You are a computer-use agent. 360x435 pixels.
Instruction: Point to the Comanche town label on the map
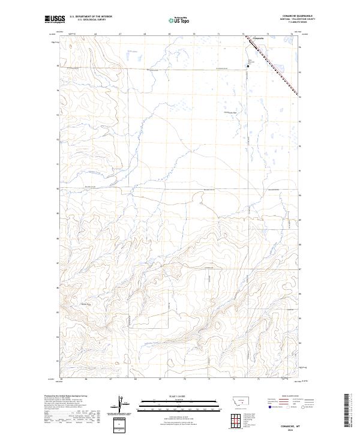pos(259,40)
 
